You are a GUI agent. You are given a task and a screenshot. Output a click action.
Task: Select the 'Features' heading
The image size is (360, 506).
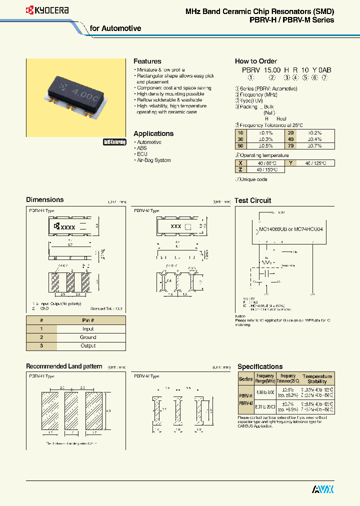(x=147, y=61)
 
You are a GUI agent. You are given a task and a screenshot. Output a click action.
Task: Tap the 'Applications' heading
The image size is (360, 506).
(x=153, y=133)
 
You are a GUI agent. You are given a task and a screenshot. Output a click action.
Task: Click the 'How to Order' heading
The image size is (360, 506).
(x=255, y=61)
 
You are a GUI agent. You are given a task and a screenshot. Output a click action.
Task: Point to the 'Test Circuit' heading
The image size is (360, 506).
(x=253, y=200)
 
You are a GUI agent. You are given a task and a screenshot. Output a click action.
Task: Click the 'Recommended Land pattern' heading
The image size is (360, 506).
(x=64, y=366)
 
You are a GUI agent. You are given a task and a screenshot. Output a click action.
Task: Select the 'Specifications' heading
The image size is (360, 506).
(x=260, y=366)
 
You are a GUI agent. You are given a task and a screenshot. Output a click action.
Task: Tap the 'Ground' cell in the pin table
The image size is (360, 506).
(x=88, y=337)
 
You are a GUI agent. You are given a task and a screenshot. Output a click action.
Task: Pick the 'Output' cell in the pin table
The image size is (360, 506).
(x=88, y=345)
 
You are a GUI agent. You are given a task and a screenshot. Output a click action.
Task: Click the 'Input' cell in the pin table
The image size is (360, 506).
(x=88, y=329)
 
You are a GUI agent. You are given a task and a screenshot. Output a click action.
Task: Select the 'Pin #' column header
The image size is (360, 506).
(x=88, y=320)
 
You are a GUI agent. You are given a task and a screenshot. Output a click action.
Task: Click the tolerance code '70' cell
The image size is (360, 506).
(x=290, y=145)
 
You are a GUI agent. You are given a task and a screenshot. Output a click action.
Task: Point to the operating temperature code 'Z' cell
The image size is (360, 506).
(x=240, y=169)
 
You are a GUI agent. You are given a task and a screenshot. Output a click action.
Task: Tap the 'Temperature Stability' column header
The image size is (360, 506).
(x=317, y=378)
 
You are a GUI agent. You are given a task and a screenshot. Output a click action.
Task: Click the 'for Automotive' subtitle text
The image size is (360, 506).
(x=115, y=28)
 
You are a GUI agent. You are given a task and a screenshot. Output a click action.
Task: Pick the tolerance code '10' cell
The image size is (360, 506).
(x=240, y=132)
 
